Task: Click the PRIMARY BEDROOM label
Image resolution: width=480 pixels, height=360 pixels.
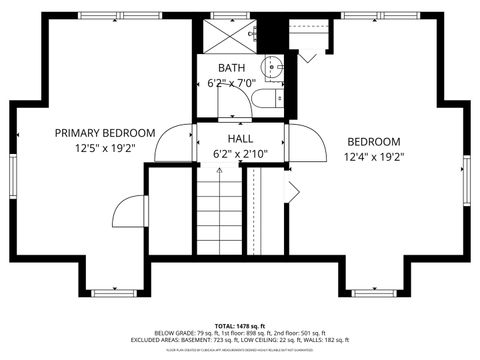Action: [x=105, y=133]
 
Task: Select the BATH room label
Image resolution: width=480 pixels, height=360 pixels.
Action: [x=232, y=68]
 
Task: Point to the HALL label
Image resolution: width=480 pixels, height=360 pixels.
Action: [x=240, y=139]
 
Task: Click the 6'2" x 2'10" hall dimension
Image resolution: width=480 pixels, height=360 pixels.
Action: [x=240, y=154]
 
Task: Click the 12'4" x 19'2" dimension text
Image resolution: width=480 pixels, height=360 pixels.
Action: [x=372, y=156]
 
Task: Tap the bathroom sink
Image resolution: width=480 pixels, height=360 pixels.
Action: [x=276, y=67]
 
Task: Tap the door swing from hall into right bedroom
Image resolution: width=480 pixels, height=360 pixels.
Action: [x=308, y=145]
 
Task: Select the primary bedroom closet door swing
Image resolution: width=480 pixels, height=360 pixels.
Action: [x=130, y=212]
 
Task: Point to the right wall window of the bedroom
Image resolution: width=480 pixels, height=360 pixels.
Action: [x=465, y=179]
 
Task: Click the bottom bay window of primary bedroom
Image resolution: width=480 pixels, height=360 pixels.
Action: [x=105, y=291]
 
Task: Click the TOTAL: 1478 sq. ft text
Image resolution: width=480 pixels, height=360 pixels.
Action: [x=239, y=326]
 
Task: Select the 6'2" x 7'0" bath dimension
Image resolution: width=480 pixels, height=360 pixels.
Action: [x=232, y=83]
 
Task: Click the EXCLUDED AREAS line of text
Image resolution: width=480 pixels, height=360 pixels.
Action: [x=239, y=340]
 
